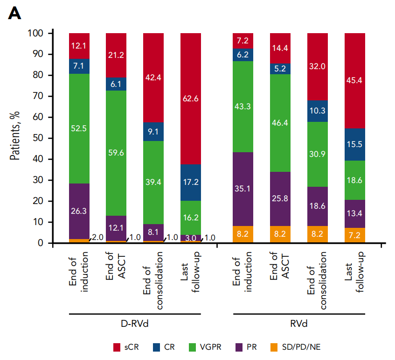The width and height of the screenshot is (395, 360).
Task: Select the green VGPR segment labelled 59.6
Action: [x=116, y=152]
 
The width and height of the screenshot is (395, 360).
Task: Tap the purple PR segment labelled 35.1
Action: [x=243, y=189]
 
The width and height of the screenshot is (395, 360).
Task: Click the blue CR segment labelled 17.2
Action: [x=190, y=183]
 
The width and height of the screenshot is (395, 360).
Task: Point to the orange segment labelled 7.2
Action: [x=354, y=235]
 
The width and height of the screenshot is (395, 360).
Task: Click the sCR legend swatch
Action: [x=118, y=347]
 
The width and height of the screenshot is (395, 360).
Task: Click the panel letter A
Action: [x=15, y=14]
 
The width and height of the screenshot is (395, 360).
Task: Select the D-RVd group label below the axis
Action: [x=135, y=324]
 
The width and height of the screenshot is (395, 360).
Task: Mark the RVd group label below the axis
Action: [x=298, y=324]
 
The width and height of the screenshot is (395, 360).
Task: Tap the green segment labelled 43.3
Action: [x=243, y=107]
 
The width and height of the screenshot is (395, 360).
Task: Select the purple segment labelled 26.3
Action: [x=79, y=211]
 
